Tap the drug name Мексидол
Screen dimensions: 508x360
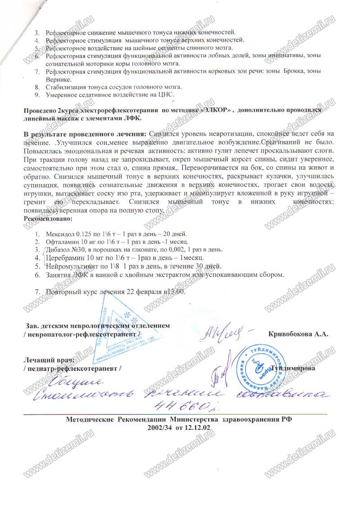(58, 234)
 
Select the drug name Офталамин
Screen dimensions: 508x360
(61, 242)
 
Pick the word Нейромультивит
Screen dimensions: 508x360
(71, 266)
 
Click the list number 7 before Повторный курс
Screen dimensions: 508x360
(37, 291)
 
